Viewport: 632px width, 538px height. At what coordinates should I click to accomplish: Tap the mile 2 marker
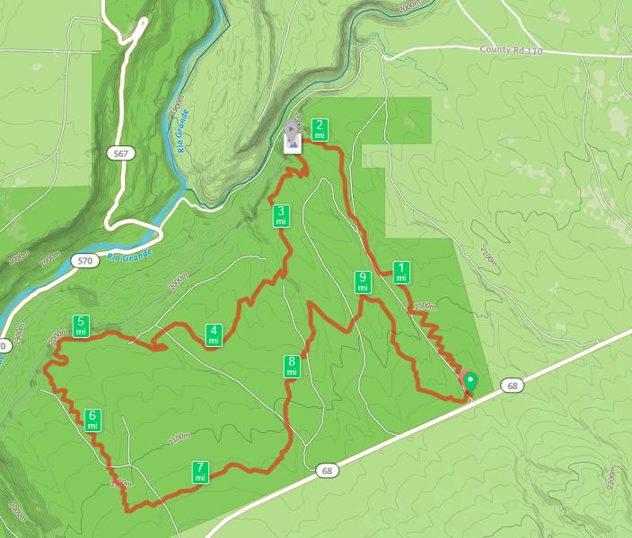pos(319,129)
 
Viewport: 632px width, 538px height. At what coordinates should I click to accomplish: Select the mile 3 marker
pos(281,215)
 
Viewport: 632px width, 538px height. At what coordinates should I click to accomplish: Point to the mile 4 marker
pos(214,334)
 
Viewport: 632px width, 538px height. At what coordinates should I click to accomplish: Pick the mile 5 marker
pos(81,325)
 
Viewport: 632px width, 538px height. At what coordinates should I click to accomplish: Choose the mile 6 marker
pos(92,420)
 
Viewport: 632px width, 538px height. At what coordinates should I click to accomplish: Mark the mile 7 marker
pos(200,473)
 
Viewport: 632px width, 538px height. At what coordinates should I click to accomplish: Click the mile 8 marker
pos(292,366)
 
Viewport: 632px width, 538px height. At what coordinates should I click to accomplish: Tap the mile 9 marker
pos(363,282)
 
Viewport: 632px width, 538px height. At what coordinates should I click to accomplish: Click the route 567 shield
pos(119,154)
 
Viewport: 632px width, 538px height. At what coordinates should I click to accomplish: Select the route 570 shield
pos(84,261)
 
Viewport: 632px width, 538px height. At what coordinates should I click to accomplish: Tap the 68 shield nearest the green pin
pos(513,386)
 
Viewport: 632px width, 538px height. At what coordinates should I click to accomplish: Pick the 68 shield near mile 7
pos(327,471)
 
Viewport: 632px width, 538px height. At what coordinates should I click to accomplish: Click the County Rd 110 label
pos(513,50)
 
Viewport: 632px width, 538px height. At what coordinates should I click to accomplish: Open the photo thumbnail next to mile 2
pos(293,139)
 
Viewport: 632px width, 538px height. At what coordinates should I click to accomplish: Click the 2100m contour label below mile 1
pos(425,308)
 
